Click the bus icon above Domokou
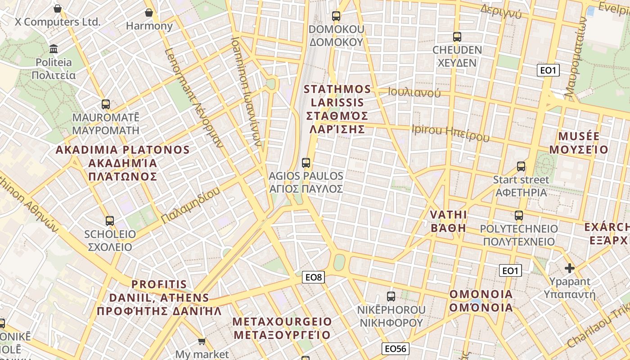(x=336, y=16)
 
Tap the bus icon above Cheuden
(x=457, y=37)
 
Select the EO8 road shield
(x=314, y=277)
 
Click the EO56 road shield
(x=396, y=348)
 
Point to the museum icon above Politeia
(x=54, y=49)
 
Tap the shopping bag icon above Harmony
(x=149, y=13)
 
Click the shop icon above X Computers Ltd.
(x=58, y=8)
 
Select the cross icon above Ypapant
(x=570, y=269)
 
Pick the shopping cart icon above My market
(x=202, y=342)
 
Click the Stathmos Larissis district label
(x=337, y=109)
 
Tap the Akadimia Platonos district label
(x=122, y=163)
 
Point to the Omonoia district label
(x=481, y=301)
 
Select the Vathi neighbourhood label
(x=449, y=220)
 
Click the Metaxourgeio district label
(x=282, y=328)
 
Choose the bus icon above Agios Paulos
(x=306, y=162)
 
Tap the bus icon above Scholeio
(x=110, y=221)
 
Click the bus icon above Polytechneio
(x=519, y=216)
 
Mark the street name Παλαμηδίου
(x=190, y=206)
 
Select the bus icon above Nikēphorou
(x=391, y=297)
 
